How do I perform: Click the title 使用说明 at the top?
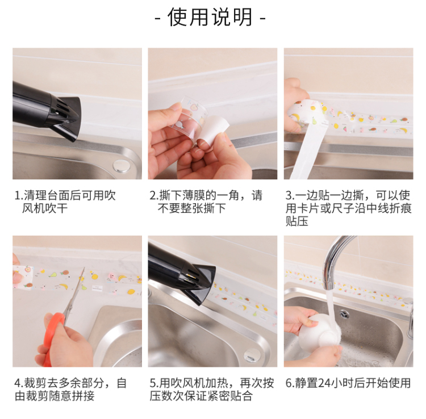point(210,17)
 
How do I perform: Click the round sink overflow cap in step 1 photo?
point(122,165)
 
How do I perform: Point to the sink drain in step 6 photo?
point(345,315)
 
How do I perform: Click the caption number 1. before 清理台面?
point(19,195)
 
